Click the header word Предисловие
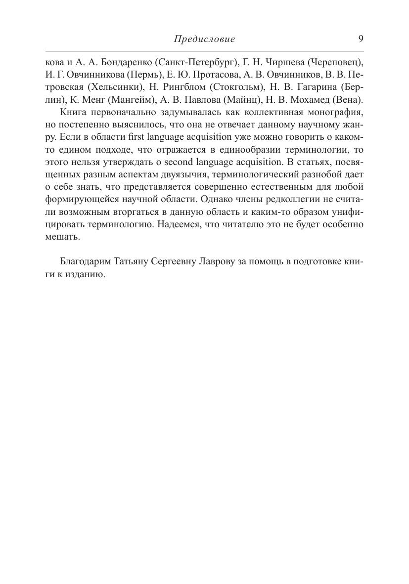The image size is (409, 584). click(x=204, y=39)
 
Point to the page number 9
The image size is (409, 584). click(x=361, y=39)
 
